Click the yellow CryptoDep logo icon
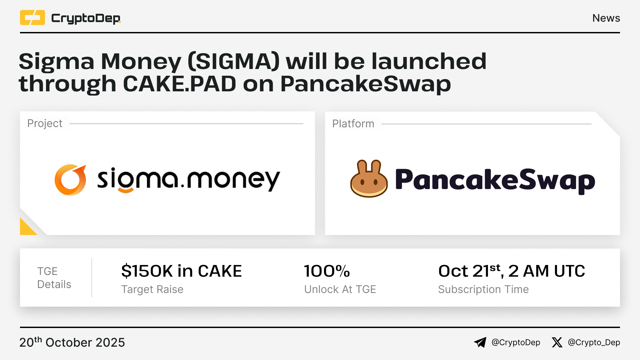[32, 18]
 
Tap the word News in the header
[606, 18]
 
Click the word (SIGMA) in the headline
[234, 61]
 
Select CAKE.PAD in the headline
[180, 84]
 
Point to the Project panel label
[45, 124]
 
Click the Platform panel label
[353, 124]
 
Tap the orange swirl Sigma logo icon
[70, 180]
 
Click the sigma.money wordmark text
[189, 180]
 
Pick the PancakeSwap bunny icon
[369, 179]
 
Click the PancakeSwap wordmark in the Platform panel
[495, 180]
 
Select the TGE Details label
[54, 278]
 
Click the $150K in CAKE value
[182, 271]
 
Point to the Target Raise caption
[152, 289]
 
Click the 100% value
[327, 271]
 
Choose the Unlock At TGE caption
[340, 289]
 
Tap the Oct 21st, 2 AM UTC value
[512, 271]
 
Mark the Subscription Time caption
[483, 289]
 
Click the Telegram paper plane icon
[480, 342]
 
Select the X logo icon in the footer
[557, 342]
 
